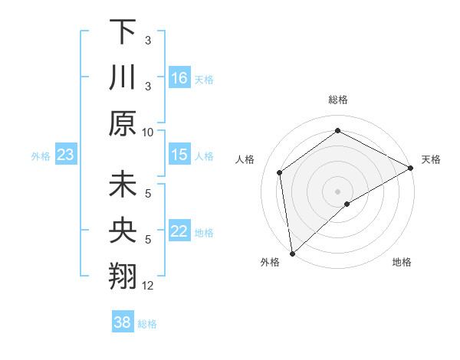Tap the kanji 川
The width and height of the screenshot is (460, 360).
click(123, 77)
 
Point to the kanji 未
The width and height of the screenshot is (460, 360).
click(123, 186)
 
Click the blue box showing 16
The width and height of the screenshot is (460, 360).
click(179, 77)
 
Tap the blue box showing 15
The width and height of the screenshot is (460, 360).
click(179, 155)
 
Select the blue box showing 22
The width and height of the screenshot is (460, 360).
click(179, 232)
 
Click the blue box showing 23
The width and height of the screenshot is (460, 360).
click(66, 155)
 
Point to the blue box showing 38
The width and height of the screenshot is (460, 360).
click(123, 322)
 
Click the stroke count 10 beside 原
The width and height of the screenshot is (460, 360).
click(148, 132)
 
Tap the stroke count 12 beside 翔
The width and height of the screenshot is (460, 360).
click(148, 286)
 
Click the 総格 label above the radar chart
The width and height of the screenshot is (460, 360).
click(338, 100)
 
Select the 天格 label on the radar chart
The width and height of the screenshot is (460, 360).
click(431, 159)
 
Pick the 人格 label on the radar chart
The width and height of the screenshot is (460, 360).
click(245, 159)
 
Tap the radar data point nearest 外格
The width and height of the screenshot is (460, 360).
click(292, 253)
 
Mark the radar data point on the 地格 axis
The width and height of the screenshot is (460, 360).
click(347, 204)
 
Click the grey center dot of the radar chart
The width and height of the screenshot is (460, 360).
click(338, 191)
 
